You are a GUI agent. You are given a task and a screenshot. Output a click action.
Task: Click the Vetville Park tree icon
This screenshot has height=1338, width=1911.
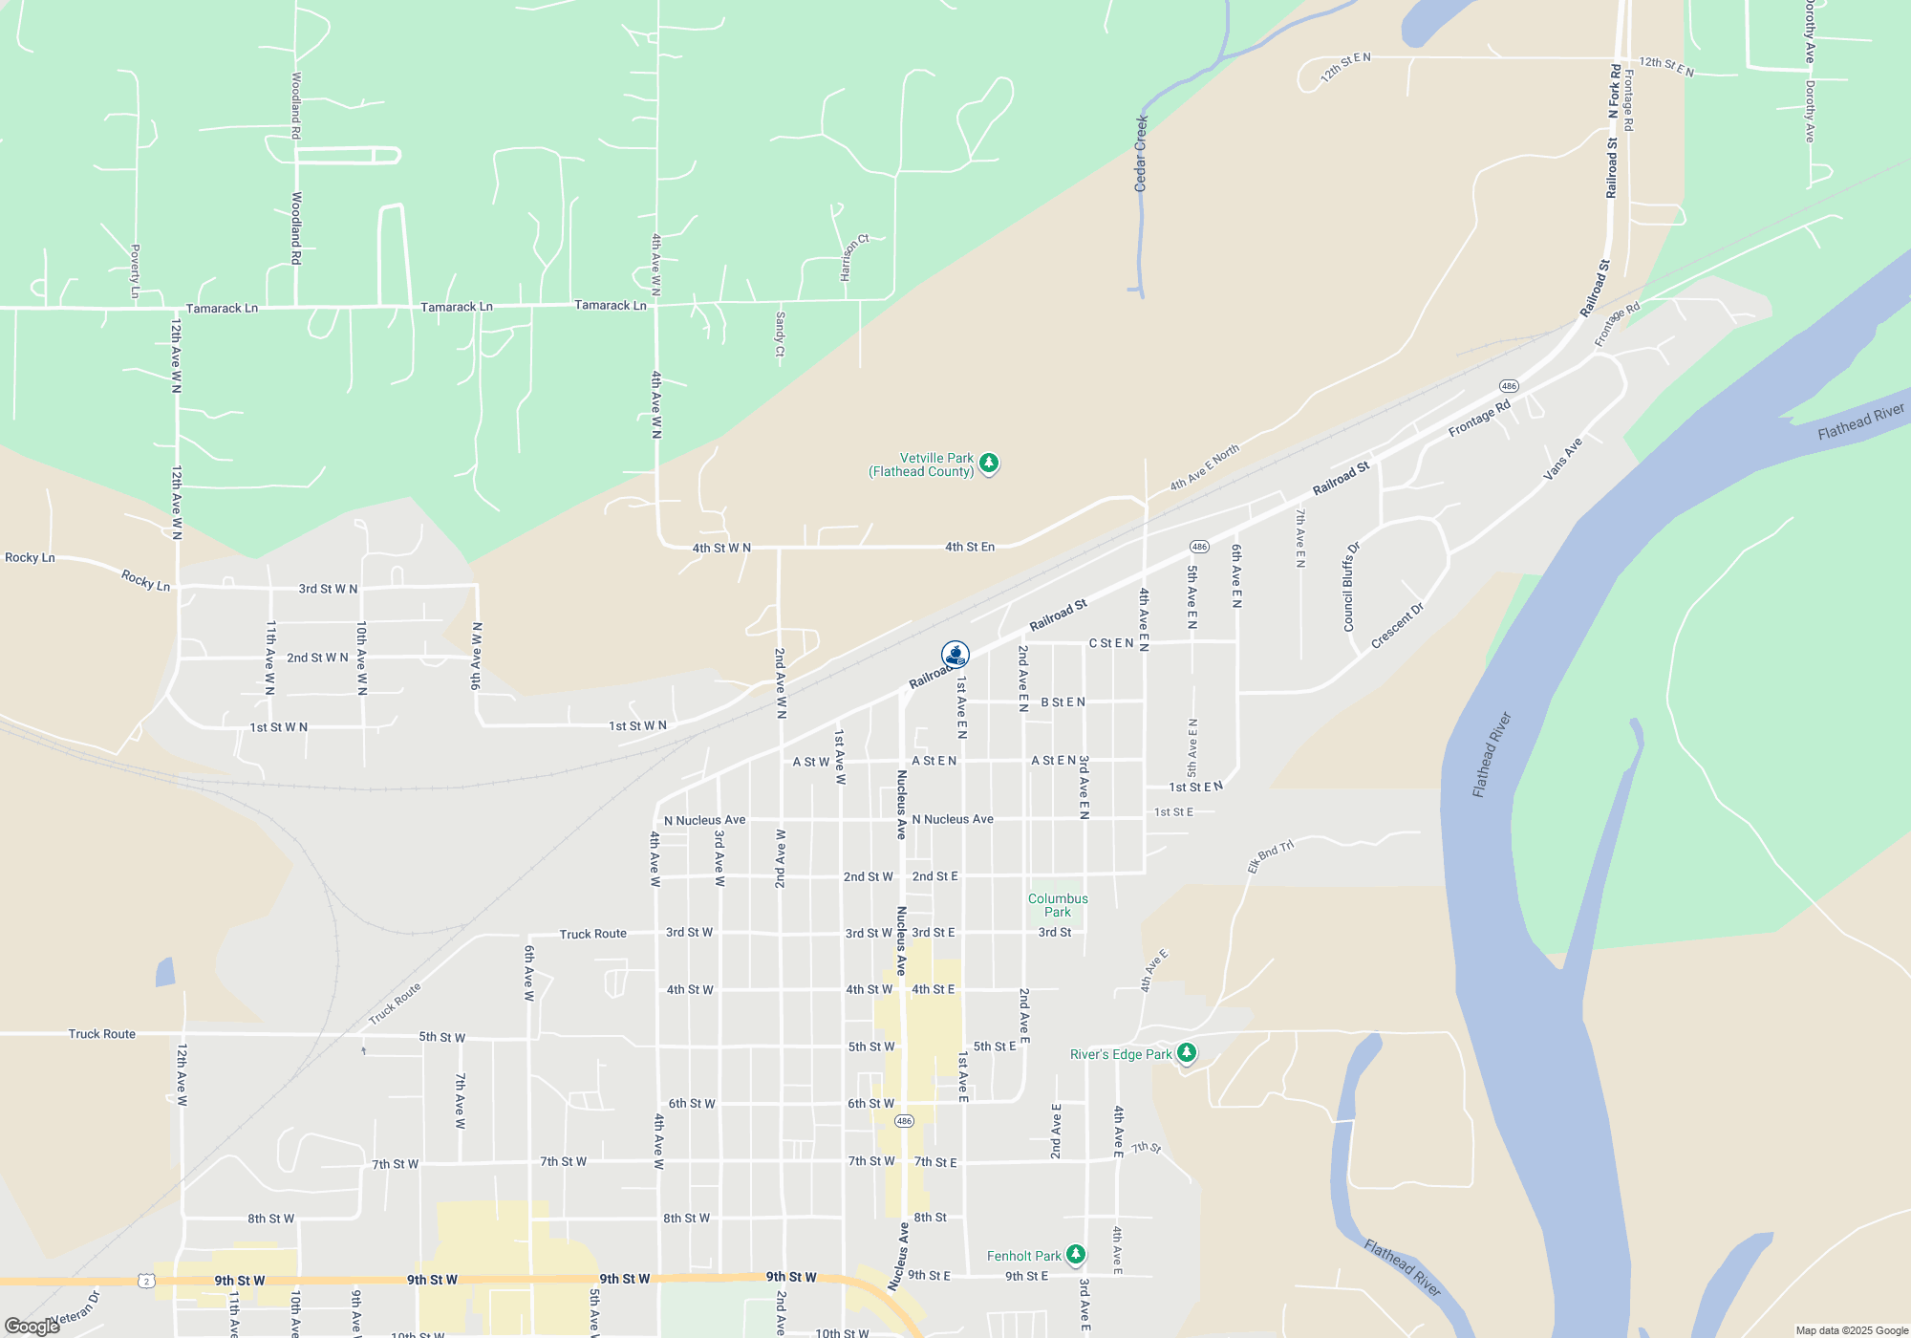click(989, 464)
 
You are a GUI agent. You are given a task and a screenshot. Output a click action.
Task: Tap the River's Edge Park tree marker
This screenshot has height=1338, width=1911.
click(1187, 1053)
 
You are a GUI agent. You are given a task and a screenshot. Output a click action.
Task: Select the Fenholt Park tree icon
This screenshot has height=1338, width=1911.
click(1076, 1254)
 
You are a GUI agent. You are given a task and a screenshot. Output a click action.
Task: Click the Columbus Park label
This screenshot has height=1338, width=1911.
click(1058, 905)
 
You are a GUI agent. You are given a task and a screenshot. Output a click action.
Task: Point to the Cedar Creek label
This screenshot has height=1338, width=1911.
click(1141, 153)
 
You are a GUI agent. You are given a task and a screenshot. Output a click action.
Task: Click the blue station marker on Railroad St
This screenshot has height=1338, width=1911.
click(955, 655)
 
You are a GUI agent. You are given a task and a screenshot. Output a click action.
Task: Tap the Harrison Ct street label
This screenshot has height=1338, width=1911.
click(854, 257)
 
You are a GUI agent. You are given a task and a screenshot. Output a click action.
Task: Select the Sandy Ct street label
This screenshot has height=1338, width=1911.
click(780, 334)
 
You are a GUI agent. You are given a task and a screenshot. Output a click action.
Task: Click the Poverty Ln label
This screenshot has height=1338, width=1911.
click(135, 270)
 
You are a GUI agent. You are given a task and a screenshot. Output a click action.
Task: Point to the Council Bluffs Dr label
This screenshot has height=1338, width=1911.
click(1351, 587)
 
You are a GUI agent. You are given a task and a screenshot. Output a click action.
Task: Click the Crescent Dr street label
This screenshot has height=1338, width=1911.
click(1397, 626)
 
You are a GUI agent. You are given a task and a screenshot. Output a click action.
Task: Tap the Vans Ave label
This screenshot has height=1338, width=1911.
click(1563, 459)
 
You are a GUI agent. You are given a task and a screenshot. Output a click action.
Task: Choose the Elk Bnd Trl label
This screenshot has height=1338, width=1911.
click(1270, 855)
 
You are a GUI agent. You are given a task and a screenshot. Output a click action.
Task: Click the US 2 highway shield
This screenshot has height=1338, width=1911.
click(145, 1281)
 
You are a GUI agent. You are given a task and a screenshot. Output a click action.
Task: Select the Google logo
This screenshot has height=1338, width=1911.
click(32, 1327)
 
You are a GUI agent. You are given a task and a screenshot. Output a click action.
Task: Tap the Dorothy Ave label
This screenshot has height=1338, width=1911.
click(1810, 33)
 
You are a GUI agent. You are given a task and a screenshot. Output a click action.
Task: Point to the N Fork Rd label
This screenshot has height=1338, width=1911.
click(1615, 91)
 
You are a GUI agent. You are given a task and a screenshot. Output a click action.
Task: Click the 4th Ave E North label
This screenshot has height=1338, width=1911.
click(1205, 467)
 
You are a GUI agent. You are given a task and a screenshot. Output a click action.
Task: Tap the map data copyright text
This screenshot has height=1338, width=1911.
click(1852, 1330)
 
